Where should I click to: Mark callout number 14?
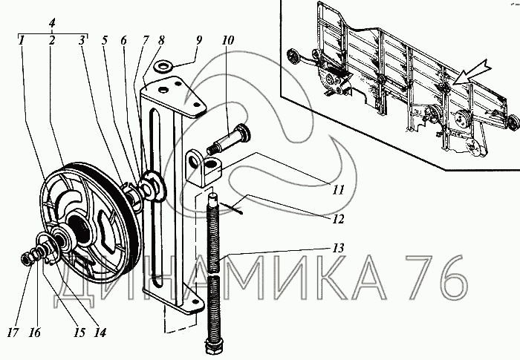coord(100,333)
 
